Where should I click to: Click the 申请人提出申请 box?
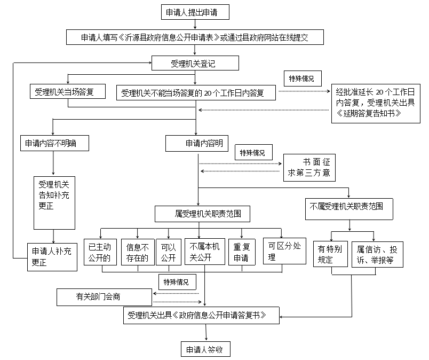tap(195, 11)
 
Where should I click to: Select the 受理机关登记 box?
tap(195, 64)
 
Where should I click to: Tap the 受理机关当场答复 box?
tap(68, 91)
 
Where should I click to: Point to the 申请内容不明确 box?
tap(54, 143)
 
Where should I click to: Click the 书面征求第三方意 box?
tap(309, 167)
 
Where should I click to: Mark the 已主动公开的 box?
tap(100, 252)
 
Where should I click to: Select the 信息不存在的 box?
tap(138, 252)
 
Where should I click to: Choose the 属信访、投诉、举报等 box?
tap(377, 254)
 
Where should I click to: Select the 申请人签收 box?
tap(205, 350)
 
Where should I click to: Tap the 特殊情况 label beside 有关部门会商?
tap(176, 281)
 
